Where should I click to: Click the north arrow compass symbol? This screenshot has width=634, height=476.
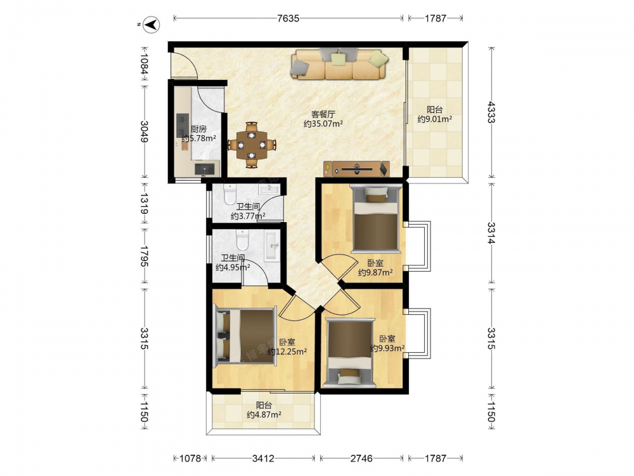point(152,25)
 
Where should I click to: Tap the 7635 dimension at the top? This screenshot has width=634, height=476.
point(288,18)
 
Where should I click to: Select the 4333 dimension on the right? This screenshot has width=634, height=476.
point(491,112)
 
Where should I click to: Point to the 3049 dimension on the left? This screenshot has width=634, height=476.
point(144,131)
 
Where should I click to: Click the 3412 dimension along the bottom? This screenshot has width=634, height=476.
point(263,458)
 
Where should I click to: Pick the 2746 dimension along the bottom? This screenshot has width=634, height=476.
point(361,458)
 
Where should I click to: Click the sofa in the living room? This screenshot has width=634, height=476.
point(339,63)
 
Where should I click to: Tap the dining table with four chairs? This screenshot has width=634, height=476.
point(252,145)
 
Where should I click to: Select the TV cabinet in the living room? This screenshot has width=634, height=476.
point(356,169)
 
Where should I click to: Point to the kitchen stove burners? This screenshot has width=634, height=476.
point(183,126)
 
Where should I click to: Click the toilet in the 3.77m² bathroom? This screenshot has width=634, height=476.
point(230,195)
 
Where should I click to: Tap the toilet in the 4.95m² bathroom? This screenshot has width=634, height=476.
point(243,240)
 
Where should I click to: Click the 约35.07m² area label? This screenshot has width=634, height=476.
point(323,124)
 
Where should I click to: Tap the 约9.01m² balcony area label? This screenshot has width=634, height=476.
point(435,119)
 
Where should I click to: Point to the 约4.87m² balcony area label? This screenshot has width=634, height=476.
point(264,414)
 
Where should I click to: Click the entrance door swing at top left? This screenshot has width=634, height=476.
point(184,65)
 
